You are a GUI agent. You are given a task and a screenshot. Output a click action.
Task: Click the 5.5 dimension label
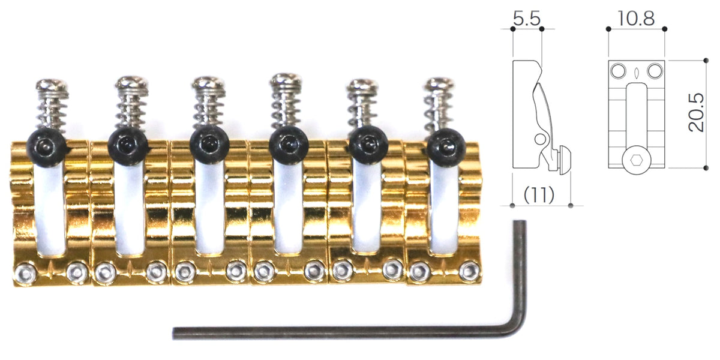tap(527, 19)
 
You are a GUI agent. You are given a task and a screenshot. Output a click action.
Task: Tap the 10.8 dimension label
tap(636, 19)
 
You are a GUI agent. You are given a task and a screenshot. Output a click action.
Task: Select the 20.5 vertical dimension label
tap(696, 113)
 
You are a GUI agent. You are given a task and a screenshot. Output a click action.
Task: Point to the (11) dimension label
tap(539, 195)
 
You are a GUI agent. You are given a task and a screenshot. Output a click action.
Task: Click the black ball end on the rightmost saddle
tap(446, 148)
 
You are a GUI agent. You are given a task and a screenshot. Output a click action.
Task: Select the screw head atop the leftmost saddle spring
tap(52, 85)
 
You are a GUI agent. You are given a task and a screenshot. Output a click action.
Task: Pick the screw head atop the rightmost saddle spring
tap(439, 83)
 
